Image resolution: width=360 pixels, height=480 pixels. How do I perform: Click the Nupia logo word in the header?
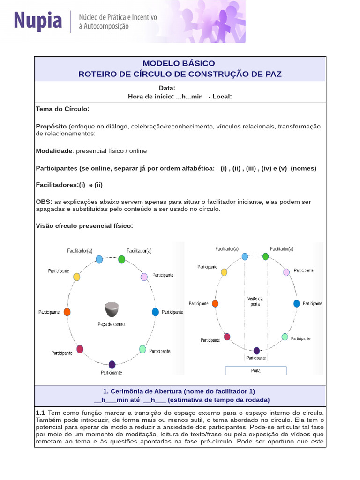(37, 21)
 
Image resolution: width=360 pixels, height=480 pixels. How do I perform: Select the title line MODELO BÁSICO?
(179, 63)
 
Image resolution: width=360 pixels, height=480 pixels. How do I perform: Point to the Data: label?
(167, 88)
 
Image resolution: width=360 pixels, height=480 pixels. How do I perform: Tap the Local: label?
(222, 96)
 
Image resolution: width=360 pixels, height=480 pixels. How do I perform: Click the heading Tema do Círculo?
(62, 109)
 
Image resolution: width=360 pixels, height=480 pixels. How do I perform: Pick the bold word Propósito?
(51, 126)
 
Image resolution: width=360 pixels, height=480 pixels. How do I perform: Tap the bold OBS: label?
(44, 202)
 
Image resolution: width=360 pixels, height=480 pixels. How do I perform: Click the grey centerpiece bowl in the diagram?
(112, 310)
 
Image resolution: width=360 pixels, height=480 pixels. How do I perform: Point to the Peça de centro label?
(112, 324)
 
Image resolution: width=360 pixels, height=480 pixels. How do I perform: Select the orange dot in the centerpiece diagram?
(67, 312)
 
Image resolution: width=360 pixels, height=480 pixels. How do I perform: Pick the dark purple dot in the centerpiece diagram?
(112, 364)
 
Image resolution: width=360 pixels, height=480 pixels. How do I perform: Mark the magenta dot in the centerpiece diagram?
(80, 349)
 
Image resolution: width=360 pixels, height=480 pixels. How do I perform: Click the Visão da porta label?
(255, 301)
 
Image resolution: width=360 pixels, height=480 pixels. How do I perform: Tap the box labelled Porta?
(256, 370)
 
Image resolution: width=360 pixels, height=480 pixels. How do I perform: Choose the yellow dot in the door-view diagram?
(224, 272)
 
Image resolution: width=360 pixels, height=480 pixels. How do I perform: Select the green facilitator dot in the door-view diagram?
(266, 256)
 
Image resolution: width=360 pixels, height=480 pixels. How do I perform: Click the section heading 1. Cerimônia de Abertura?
(179, 391)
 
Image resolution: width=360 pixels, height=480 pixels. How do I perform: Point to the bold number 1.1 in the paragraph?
(40, 412)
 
